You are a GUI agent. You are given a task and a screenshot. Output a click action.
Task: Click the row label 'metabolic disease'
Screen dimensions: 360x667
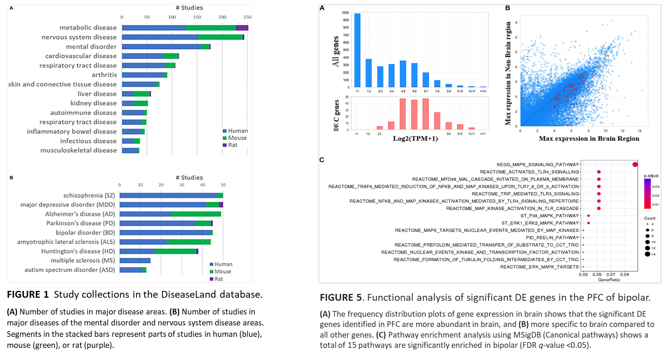(x=88, y=28)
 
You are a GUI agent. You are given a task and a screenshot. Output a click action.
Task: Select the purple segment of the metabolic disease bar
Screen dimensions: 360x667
(x=242, y=28)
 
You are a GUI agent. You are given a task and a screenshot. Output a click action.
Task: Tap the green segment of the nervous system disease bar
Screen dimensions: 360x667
(x=220, y=37)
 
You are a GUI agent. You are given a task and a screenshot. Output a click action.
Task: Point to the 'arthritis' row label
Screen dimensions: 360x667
(x=104, y=75)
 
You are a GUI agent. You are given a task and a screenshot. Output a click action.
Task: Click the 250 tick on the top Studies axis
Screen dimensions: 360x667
(x=247, y=17)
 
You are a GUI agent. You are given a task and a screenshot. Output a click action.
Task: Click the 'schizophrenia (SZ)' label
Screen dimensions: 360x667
(x=89, y=195)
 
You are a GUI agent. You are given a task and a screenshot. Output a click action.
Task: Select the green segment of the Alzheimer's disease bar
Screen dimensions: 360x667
(x=196, y=214)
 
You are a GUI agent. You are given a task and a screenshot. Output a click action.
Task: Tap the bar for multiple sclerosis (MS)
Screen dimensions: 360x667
(x=135, y=261)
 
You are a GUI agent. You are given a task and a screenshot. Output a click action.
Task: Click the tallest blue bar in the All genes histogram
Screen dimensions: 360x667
(x=357, y=50)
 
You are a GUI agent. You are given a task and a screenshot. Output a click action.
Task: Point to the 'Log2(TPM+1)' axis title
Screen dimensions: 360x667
(x=415, y=139)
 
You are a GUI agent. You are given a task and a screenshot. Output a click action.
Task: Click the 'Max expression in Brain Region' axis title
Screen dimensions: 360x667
(x=589, y=139)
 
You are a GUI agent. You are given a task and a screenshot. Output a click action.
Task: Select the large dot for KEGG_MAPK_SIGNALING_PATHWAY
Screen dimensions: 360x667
(x=635, y=164)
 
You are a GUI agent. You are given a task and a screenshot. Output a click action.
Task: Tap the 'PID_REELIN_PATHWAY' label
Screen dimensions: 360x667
(x=552, y=238)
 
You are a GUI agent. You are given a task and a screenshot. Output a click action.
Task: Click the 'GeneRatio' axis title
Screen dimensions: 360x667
(x=609, y=280)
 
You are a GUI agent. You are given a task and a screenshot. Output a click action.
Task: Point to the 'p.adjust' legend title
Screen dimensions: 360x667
(x=651, y=176)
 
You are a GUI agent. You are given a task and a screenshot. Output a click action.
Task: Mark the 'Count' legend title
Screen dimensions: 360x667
(x=650, y=218)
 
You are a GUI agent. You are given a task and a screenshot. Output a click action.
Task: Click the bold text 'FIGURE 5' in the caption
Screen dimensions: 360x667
(x=340, y=297)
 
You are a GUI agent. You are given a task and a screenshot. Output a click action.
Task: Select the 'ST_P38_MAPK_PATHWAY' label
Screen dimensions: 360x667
(x=550, y=216)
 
